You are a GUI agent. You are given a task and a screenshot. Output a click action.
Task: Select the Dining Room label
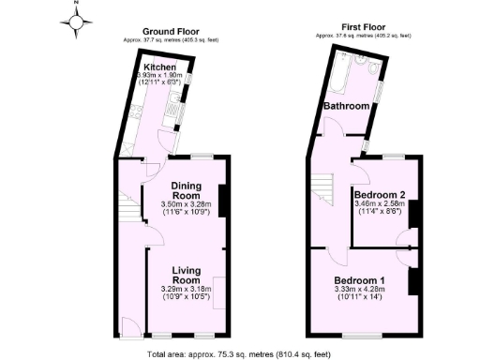pos(187,191)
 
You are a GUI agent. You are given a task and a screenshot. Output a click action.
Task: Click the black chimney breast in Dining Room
pos(222,201)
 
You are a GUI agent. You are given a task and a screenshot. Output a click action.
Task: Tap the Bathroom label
pos(347,107)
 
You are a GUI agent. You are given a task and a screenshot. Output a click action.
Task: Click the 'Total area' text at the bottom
pos(240,355)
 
